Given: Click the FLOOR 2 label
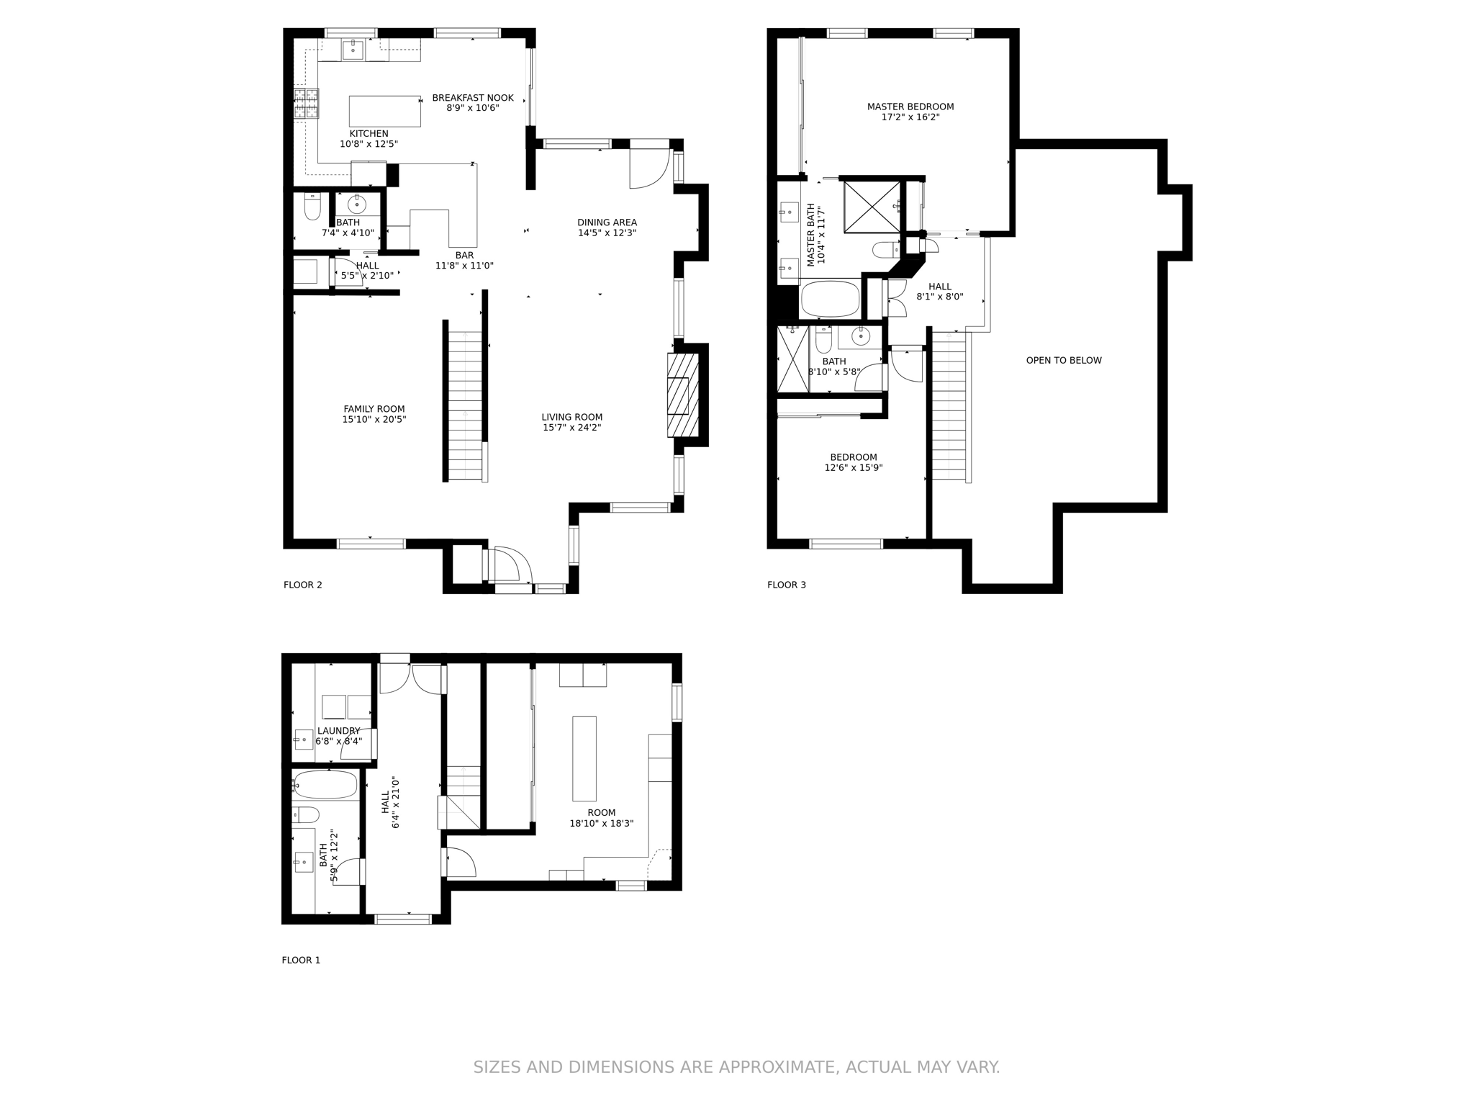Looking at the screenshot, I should point(302,585).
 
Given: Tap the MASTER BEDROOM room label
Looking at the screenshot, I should point(910,107).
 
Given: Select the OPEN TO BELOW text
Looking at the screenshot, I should point(1063,360).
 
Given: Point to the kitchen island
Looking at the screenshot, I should point(384,111).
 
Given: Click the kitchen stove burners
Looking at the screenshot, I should point(306,103).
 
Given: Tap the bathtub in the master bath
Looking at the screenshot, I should point(830,299).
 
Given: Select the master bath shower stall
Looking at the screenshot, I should point(871,207).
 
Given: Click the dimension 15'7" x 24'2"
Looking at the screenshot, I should point(571,428).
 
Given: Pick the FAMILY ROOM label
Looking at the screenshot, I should point(374,409).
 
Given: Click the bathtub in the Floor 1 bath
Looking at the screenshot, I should point(325,785).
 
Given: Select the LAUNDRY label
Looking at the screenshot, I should point(338,731).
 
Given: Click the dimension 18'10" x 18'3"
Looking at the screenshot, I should point(601,823).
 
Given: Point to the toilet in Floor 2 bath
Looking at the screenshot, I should point(312,207).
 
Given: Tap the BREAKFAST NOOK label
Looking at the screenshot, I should point(472,98).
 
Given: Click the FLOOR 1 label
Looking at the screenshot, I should point(301,960).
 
